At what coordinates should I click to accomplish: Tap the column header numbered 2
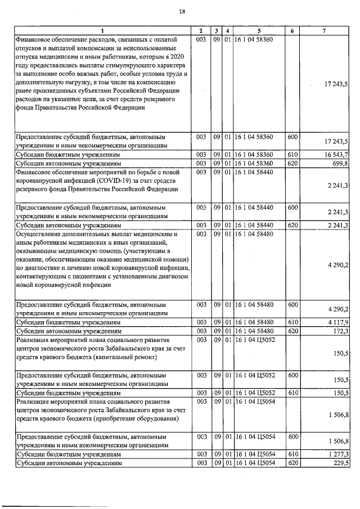201,30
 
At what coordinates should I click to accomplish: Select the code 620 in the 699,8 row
292,163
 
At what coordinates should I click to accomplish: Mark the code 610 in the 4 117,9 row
292,322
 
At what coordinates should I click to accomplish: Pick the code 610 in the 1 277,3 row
292,454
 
